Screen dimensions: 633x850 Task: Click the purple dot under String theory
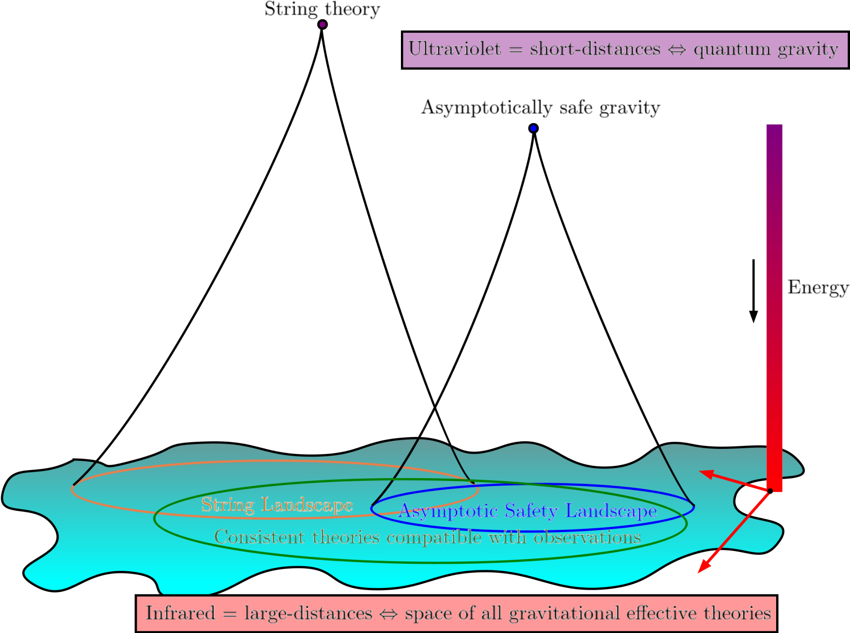pyautogui.click(x=322, y=24)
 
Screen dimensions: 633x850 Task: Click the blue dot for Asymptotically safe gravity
pyautogui.click(x=533, y=129)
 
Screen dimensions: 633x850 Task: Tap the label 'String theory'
pyautogui.click(x=322, y=9)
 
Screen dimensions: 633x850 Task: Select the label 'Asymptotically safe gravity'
pyautogui.click(x=540, y=108)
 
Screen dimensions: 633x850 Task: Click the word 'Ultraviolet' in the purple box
pyautogui.click(x=454, y=49)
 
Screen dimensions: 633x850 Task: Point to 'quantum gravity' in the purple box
pyautogui.click(x=766, y=50)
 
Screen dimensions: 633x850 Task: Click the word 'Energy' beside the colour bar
pyautogui.click(x=818, y=288)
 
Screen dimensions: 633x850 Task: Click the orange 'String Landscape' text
pyautogui.click(x=277, y=505)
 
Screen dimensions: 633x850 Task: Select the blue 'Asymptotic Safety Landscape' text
pyautogui.click(x=528, y=511)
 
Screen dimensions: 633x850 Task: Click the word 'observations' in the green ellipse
pyautogui.click(x=587, y=538)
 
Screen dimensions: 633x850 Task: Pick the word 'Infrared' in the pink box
pyautogui.click(x=180, y=613)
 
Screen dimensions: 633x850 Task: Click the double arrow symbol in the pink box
pyautogui.click(x=388, y=614)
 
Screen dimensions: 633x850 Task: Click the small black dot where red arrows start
pyautogui.click(x=770, y=491)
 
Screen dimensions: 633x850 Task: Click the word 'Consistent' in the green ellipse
pyautogui.click(x=259, y=538)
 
